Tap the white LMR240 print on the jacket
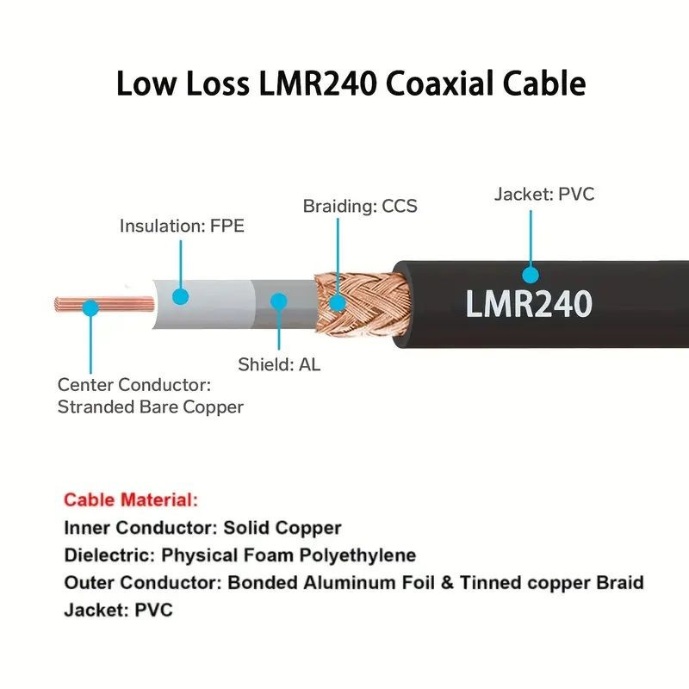click(x=529, y=303)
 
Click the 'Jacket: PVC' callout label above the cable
click(x=544, y=194)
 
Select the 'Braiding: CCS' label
click(x=360, y=206)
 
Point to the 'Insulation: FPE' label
click(x=182, y=227)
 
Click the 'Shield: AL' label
click(x=279, y=364)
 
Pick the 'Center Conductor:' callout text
click(x=133, y=384)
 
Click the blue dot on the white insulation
click(x=180, y=296)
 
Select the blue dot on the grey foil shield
click(x=278, y=301)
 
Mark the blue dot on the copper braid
click(x=338, y=302)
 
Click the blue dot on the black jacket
click(x=531, y=275)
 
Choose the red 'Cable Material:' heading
click(x=131, y=500)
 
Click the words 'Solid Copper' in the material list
click(x=282, y=528)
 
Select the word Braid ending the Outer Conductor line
click(x=620, y=583)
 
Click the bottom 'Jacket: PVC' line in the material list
click(x=118, y=611)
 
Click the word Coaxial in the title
click(x=442, y=84)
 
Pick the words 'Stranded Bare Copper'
click(x=151, y=407)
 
